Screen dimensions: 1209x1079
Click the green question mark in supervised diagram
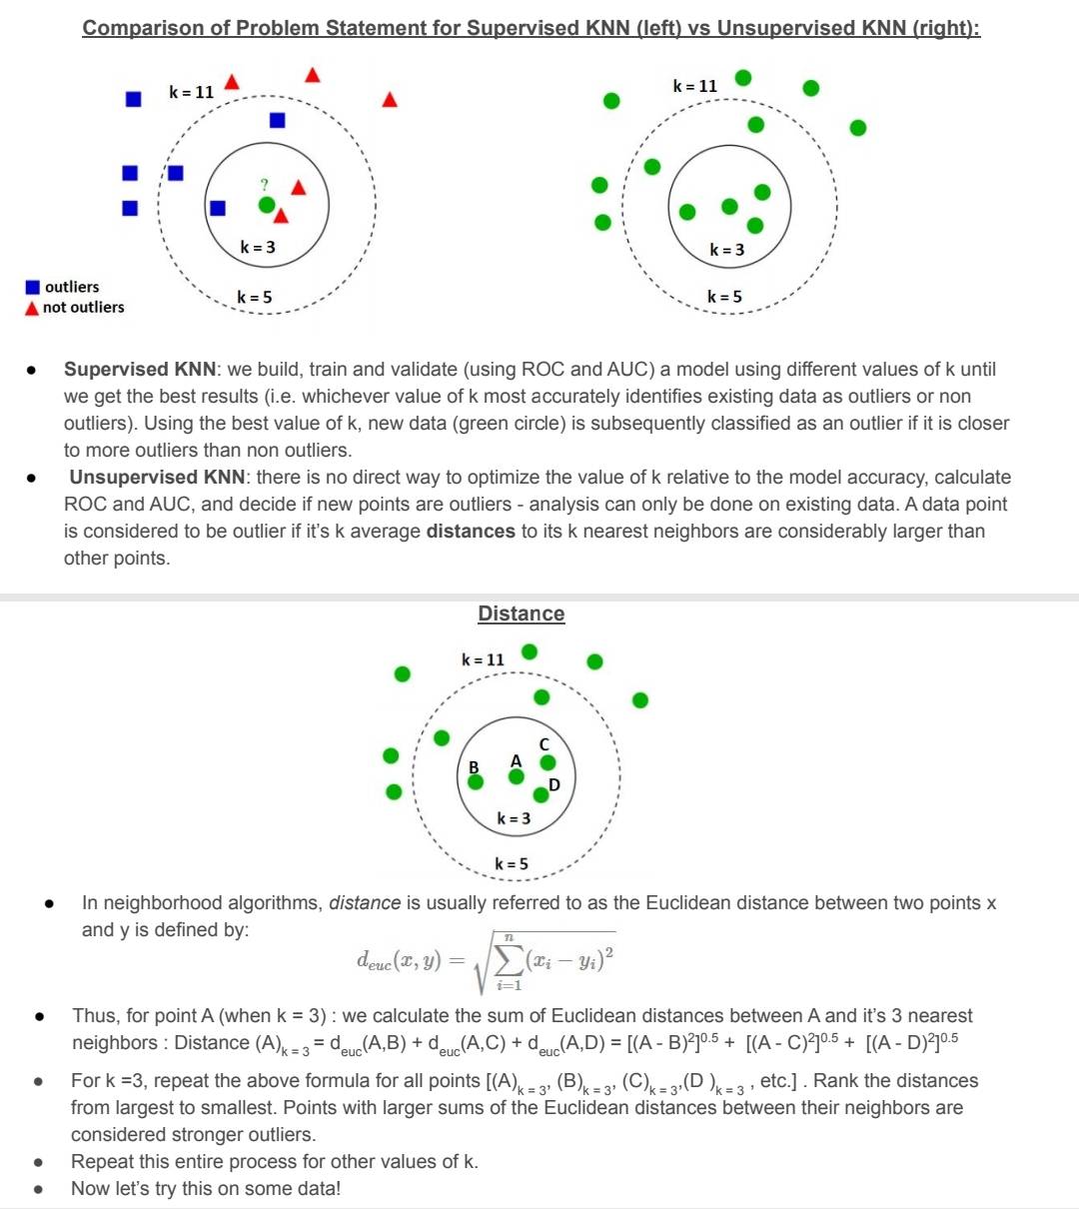point(264,185)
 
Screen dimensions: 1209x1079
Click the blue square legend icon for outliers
point(33,288)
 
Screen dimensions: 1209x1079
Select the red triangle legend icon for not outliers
point(32,309)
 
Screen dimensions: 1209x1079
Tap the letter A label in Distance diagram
point(516,761)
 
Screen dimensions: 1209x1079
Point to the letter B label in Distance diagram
point(474,766)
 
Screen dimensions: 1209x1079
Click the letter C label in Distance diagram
point(544,744)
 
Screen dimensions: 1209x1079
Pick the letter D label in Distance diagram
point(554,784)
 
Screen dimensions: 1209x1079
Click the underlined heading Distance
point(521,613)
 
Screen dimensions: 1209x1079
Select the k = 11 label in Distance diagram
point(483,659)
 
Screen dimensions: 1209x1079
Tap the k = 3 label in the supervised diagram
point(258,247)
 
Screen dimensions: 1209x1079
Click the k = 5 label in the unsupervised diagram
point(724,297)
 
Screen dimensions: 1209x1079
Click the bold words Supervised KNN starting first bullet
point(139,369)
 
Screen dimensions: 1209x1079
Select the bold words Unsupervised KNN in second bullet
point(157,477)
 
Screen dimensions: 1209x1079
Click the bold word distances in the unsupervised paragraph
point(471,531)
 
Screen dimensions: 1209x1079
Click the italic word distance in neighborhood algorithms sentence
point(365,902)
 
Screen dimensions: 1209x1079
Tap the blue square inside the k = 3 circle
point(217,208)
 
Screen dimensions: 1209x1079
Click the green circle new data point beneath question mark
point(265,205)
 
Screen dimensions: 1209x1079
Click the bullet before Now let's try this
point(37,1189)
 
